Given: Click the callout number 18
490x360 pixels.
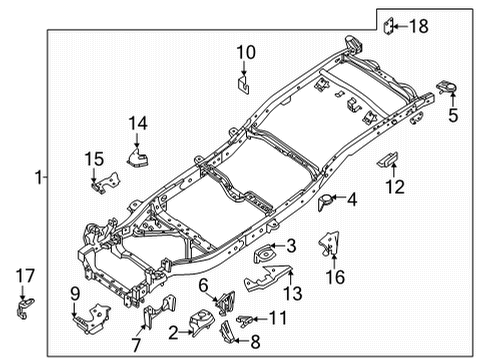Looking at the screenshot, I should [421, 25].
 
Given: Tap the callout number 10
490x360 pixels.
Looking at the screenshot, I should [246, 52].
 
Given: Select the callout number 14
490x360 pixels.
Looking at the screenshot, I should [137, 123].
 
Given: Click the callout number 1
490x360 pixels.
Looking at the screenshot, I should [38, 178].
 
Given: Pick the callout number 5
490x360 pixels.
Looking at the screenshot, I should [453, 115].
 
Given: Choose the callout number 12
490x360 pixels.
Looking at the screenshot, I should [396, 185].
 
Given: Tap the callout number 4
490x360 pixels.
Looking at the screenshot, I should [351, 199].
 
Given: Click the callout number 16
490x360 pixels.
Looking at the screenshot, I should [336, 273].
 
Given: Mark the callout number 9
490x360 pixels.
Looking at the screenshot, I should [74, 292].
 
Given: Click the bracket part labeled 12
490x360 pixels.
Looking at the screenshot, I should [387, 159].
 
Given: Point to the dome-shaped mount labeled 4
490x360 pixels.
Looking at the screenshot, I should [324, 203].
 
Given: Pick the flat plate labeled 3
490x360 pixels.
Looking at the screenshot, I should [265, 255].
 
